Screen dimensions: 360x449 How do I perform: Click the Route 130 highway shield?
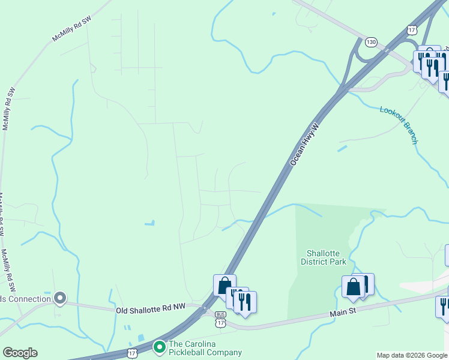pos(372,42)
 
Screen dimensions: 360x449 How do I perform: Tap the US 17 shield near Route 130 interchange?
pos(411,29)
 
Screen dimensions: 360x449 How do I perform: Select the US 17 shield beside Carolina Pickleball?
pos(132,354)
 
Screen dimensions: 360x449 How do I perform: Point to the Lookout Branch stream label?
pos(399,125)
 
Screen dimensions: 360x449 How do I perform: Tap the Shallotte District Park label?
pos(323,257)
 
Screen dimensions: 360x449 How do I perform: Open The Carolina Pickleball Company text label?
pos(205,349)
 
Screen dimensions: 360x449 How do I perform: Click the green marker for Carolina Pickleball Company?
pos(159,347)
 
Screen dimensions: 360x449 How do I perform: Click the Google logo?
pos(20,353)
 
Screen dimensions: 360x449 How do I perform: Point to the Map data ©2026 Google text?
pos(411,355)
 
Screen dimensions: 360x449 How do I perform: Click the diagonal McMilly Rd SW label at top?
pos(71,29)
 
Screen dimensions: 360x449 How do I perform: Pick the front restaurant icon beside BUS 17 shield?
pos(245,302)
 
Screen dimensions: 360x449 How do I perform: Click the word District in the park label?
pos(323,261)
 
